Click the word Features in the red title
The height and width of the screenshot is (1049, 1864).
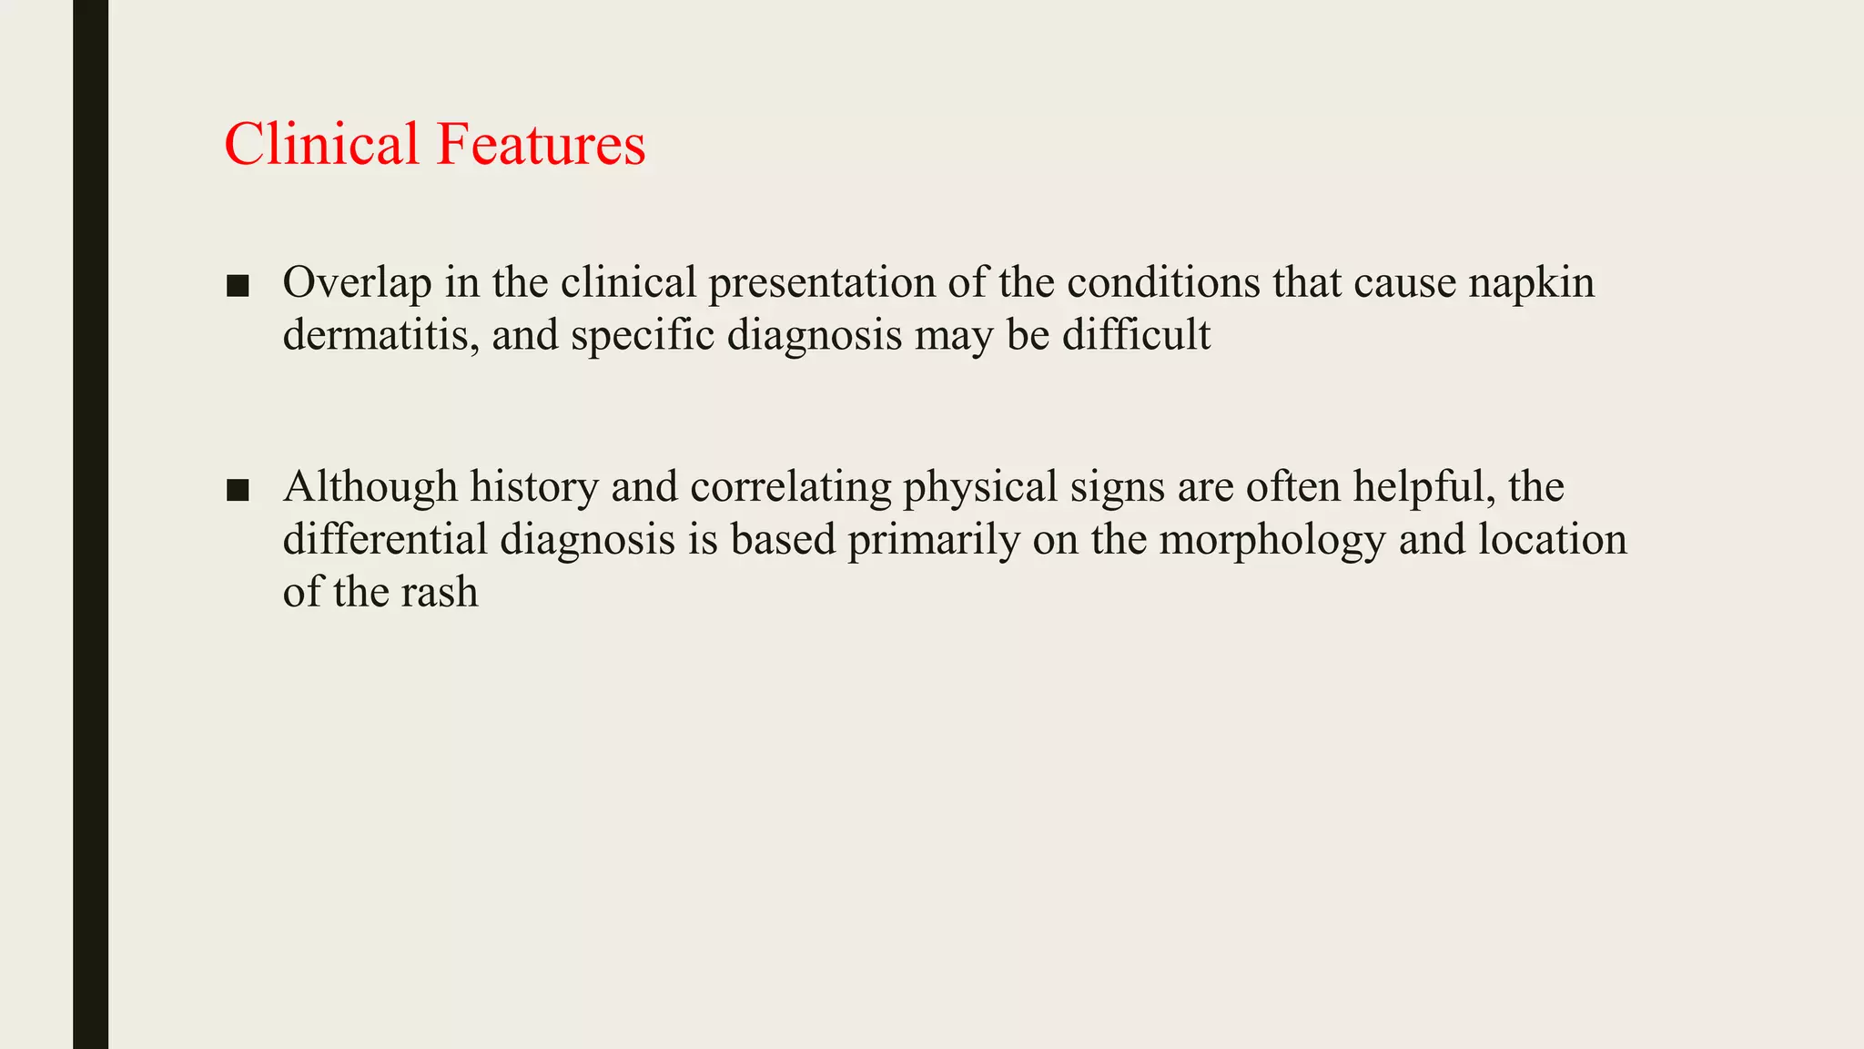541,144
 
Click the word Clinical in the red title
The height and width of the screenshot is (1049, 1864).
321,144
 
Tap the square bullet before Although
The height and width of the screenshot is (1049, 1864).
238,491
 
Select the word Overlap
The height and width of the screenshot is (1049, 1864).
357,283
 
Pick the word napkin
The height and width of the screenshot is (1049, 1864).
1531,283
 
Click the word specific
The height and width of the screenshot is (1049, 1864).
643,335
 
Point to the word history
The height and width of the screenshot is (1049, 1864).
533,487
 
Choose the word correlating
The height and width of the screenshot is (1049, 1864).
790,487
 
